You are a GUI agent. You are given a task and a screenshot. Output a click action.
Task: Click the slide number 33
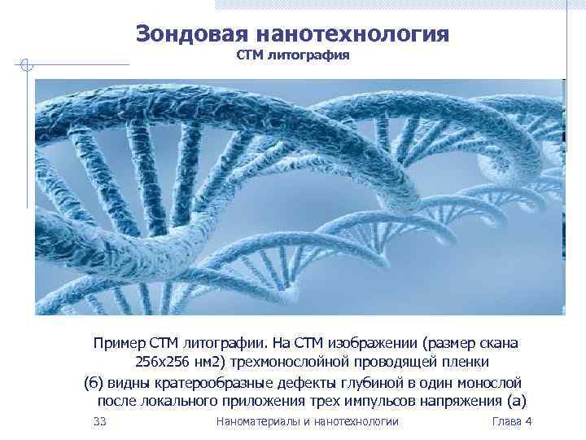coord(100,421)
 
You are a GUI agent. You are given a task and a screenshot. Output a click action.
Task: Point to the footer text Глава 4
coord(512,421)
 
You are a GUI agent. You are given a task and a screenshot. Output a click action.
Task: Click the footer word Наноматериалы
coord(255,421)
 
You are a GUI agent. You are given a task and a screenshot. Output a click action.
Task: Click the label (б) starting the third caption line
coord(94,382)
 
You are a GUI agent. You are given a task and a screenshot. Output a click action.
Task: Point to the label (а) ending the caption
coord(517,402)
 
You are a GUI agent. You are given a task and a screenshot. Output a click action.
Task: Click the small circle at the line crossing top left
coord(26,65)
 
